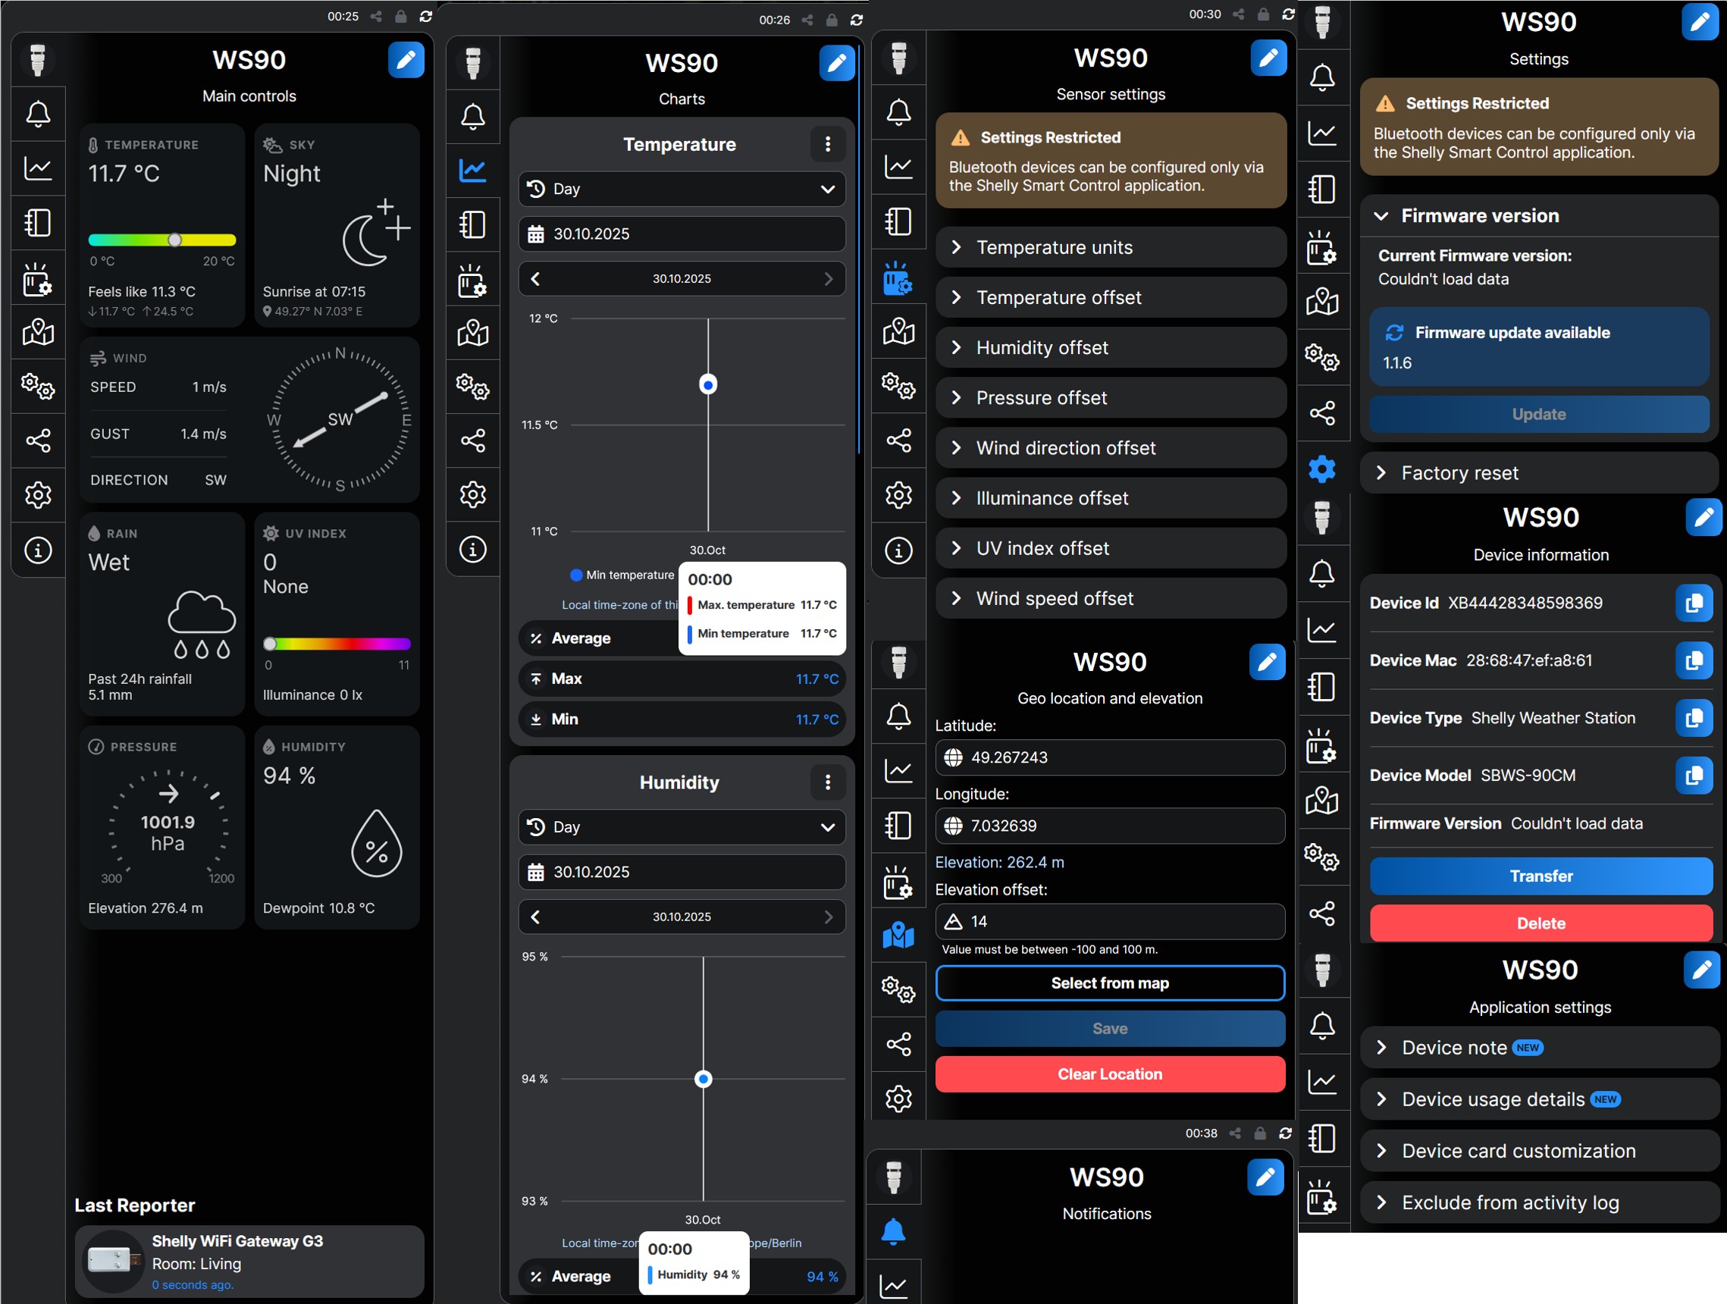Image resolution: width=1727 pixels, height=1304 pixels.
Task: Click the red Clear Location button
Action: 1109,1074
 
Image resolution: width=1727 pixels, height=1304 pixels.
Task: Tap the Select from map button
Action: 1109,983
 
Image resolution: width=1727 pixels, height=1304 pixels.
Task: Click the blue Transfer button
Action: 1541,876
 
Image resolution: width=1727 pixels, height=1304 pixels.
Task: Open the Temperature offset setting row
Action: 1110,297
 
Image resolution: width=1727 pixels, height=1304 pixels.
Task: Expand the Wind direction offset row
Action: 1110,448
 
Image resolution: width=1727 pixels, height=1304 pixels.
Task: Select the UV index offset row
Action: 1110,548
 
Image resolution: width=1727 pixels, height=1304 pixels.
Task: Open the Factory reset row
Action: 1539,473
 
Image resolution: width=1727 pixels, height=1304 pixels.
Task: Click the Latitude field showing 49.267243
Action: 1109,757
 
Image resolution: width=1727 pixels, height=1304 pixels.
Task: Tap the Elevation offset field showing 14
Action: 1109,921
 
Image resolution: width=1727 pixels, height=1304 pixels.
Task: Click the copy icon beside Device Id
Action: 1694,603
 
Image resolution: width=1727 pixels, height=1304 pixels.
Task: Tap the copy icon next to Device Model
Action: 1694,776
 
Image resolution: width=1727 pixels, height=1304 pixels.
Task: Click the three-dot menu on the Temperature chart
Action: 828,145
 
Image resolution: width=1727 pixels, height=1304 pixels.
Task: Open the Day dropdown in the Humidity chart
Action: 682,827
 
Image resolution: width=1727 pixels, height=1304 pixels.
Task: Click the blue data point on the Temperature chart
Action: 708,384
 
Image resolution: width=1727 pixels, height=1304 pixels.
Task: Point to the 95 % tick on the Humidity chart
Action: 534,957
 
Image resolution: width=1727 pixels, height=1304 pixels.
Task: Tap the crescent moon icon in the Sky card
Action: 365,240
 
